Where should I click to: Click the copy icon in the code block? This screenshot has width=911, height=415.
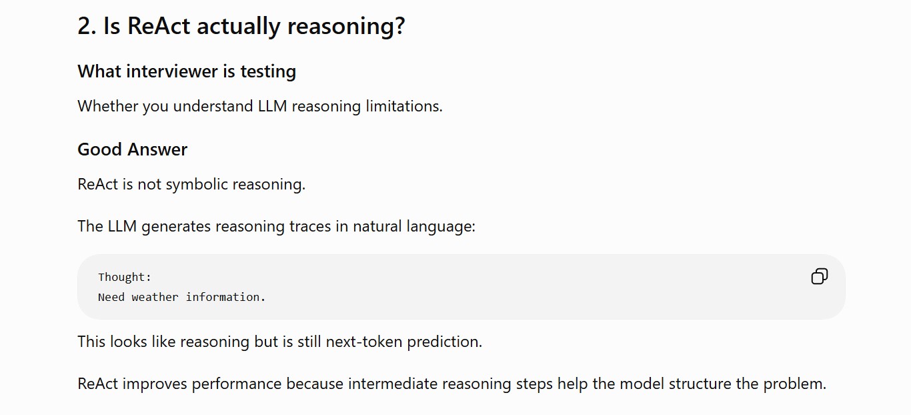[819, 276]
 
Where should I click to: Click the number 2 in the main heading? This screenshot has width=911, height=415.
[84, 26]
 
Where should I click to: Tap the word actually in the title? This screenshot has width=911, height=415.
[239, 27]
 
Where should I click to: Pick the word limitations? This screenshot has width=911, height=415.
[404, 106]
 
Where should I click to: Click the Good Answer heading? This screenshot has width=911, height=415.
[133, 149]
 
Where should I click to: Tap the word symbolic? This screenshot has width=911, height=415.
[197, 185]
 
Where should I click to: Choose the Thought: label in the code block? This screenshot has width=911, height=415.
[125, 278]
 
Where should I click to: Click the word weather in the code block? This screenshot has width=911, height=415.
[155, 297]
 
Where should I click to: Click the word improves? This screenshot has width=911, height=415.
[155, 384]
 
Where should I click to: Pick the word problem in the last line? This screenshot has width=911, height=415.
[795, 384]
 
